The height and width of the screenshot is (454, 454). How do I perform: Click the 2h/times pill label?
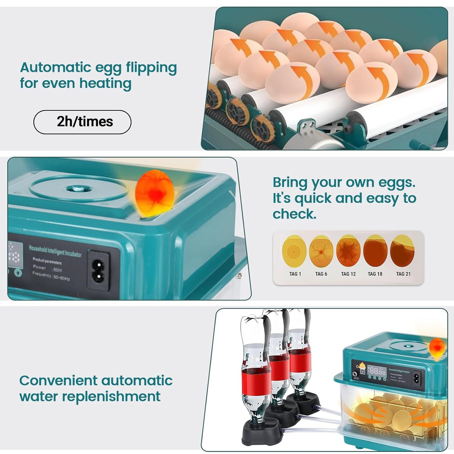(82, 122)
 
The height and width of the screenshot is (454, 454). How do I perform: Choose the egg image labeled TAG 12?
(348, 251)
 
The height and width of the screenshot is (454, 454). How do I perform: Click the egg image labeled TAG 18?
(375, 251)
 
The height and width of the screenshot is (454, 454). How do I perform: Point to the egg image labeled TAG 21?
(403, 251)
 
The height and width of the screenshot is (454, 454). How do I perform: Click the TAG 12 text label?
(348, 274)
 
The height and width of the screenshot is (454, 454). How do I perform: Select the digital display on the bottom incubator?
(377, 372)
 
